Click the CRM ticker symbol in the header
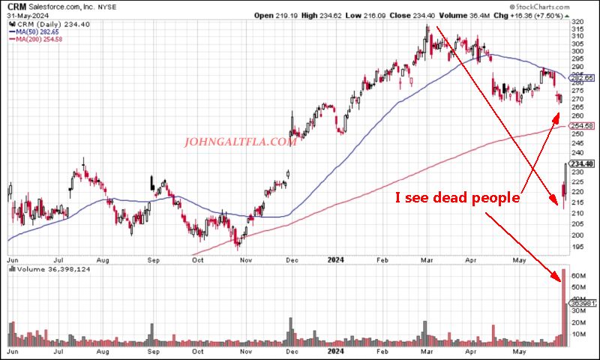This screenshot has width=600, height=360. point(14,5)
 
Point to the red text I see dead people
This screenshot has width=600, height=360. point(457,198)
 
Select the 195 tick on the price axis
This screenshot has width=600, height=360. point(577,246)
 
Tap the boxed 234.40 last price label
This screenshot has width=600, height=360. point(582,164)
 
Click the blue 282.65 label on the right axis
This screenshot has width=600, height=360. point(583,78)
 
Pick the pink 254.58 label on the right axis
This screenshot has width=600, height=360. point(583,126)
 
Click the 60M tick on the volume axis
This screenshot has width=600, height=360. point(578,275)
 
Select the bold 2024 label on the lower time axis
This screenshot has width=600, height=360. point(335,350)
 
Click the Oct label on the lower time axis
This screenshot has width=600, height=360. point(198,350)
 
